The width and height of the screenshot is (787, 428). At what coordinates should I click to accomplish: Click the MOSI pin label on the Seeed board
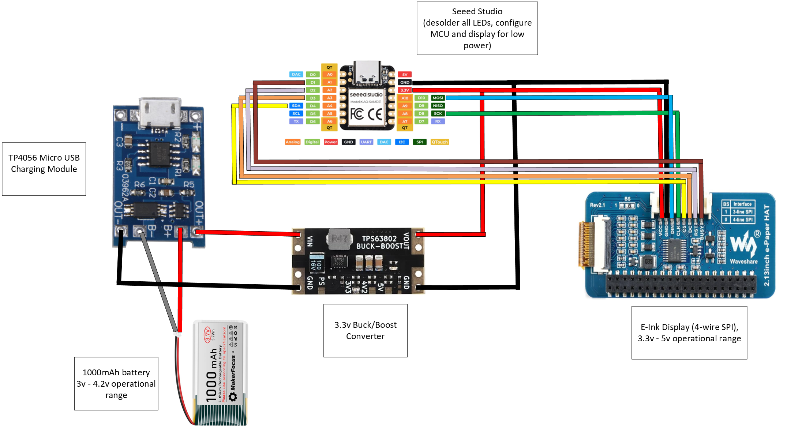pos(438,98)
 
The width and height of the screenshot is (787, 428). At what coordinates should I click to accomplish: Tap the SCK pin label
pos(438,113)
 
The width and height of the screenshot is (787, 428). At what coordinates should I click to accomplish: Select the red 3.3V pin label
pos(405,90)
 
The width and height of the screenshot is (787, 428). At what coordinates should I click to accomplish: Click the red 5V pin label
pos(405,74)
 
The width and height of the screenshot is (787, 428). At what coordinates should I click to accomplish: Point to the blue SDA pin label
pos(296,106)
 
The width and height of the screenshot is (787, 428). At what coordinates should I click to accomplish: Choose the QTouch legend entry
pos(439,142)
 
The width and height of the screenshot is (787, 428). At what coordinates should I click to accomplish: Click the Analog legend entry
pos(292,142)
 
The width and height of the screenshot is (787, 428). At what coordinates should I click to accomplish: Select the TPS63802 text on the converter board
pos(379,239)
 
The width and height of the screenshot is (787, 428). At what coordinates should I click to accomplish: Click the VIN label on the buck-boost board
pos(310,241)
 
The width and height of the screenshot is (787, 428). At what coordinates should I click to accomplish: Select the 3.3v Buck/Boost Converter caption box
pos(365,330)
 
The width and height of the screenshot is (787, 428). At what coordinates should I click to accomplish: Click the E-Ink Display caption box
pos(689,333)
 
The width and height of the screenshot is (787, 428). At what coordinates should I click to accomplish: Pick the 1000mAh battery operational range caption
pos(116,383)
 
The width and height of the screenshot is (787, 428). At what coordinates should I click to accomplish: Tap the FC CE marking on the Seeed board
pos(366,114)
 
